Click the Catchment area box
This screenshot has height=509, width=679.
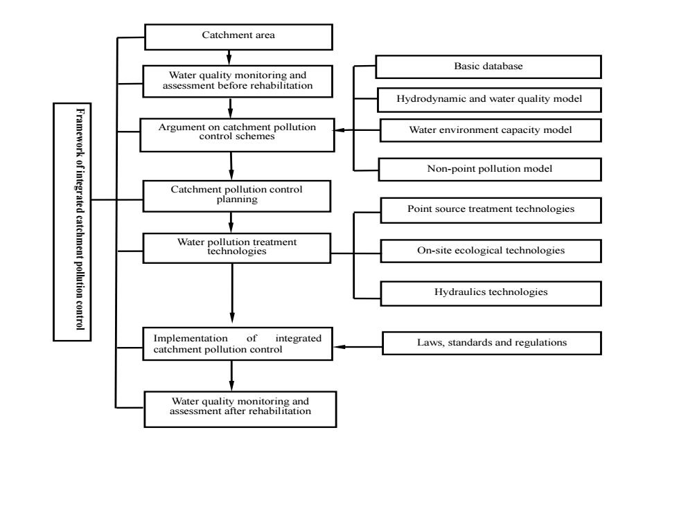[238, 37]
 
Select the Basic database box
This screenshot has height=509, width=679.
[488, 66]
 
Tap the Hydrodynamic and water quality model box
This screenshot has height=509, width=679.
[489, 100]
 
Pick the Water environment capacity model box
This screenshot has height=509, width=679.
[491, 130]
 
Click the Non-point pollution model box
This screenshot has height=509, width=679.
[490, 169]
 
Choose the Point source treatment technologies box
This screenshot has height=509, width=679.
[491, 211]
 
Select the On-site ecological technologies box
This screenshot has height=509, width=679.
[491, 251]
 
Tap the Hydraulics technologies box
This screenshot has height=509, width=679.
[491, 294]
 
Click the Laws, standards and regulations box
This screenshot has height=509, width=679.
[492, 343]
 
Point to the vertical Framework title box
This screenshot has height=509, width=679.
[72, 222]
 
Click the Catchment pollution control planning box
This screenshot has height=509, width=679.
[237, 196]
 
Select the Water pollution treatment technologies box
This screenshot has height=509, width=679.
[237, 248]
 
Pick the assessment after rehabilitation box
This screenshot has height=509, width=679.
[240, 409]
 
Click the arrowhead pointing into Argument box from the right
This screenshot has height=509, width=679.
[339, 130]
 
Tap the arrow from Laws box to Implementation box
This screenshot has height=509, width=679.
[358, 347]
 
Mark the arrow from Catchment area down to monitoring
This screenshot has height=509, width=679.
[229, 57]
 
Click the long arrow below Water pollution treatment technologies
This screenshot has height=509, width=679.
[232, 293]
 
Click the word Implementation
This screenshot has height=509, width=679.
[191, 339]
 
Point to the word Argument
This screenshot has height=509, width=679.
[179, 127]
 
